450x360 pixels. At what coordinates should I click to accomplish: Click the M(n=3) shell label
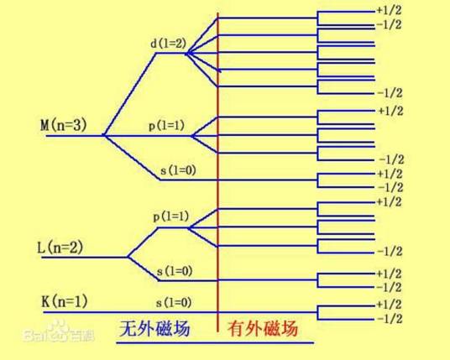click(64, 126)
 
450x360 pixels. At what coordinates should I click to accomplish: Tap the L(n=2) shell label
click(60, 248)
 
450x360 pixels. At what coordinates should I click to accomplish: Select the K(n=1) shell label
click(65, 301)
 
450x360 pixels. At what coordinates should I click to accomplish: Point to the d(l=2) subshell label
click(169, 44)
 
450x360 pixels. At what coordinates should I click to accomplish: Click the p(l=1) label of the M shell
click(166, 126)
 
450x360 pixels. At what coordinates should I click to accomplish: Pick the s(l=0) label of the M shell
click(178, 170)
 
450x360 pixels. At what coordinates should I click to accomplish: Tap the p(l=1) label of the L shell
click(171, 217)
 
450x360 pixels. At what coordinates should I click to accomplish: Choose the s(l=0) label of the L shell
click(175, 271)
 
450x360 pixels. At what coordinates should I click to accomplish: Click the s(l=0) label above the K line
click(174, 303)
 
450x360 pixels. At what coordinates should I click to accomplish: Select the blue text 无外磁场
click(154, 328)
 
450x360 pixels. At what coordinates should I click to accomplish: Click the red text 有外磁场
click(263, 328)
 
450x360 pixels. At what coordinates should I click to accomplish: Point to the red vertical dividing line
click(217, 172)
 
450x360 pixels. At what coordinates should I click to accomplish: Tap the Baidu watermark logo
click(59, 333)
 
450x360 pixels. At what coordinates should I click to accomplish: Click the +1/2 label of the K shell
click(389, 305)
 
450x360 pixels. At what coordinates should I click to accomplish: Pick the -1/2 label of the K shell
click(390, 319)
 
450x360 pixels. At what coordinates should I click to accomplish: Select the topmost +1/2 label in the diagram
click(389, 10)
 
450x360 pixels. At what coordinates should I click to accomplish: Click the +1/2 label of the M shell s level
click(390, 174)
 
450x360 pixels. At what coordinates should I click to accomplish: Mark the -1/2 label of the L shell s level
click(389, 287)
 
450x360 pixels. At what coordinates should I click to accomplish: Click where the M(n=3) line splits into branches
click(104, 135)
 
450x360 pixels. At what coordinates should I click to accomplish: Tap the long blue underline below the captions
click(215, 342)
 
